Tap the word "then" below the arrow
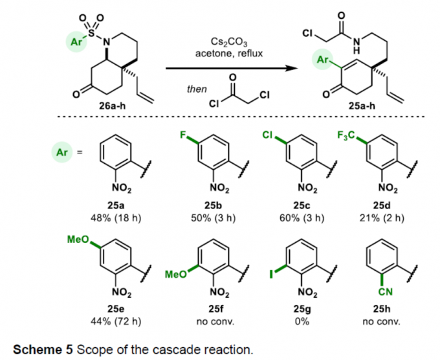tap(196, 90)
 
